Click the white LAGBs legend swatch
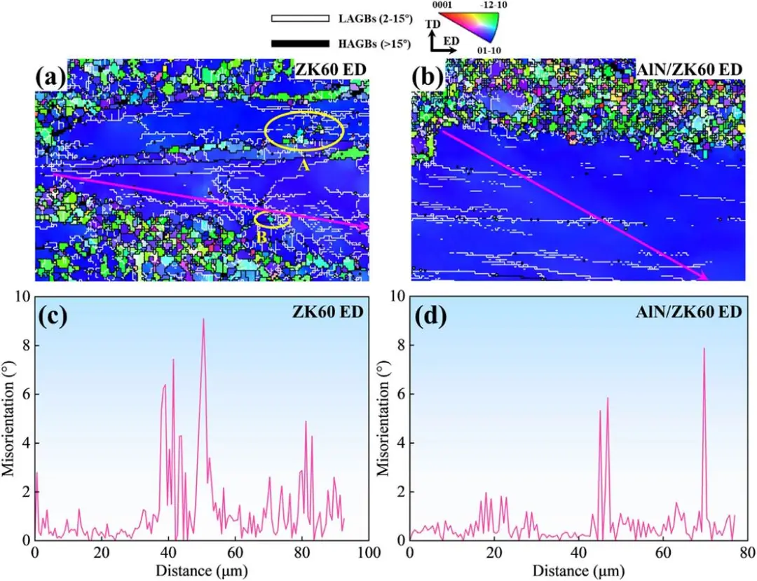(299, 18)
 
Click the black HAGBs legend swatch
(299, 43)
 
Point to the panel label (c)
(53, 316)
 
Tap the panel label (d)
(428, 316)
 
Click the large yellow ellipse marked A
(305, 131)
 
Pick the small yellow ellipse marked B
(272, 219)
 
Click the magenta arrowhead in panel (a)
(363, 227)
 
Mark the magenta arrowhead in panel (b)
(703, 277)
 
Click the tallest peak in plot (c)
(203, 320)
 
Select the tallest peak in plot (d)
(704, 349)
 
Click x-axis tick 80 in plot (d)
(746, 553)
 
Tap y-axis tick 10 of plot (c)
(24, 296)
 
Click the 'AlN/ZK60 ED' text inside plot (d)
(687, 313)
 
